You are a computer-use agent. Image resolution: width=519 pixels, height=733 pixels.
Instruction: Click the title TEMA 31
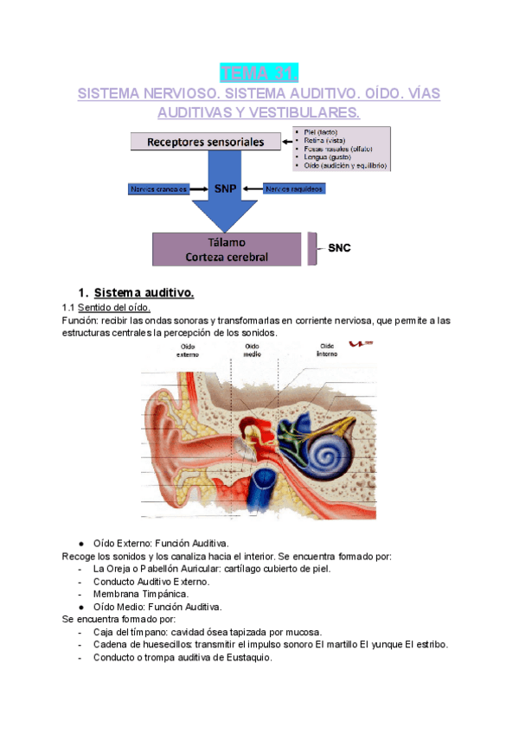[259, 71]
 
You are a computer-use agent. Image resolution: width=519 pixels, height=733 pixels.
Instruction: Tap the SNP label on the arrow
[226, 188]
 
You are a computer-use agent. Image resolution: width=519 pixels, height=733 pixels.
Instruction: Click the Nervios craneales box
[158, 188]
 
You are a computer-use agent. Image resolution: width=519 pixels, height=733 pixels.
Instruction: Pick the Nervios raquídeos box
[295, 188]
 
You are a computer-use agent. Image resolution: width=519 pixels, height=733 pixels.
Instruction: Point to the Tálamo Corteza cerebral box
[226, 249]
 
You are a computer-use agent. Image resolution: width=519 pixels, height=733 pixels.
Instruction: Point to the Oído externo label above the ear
[188, 349]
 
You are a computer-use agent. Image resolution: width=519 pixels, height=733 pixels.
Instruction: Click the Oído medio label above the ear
[252, 349]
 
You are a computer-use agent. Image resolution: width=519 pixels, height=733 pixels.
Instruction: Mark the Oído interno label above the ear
[327, 349]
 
